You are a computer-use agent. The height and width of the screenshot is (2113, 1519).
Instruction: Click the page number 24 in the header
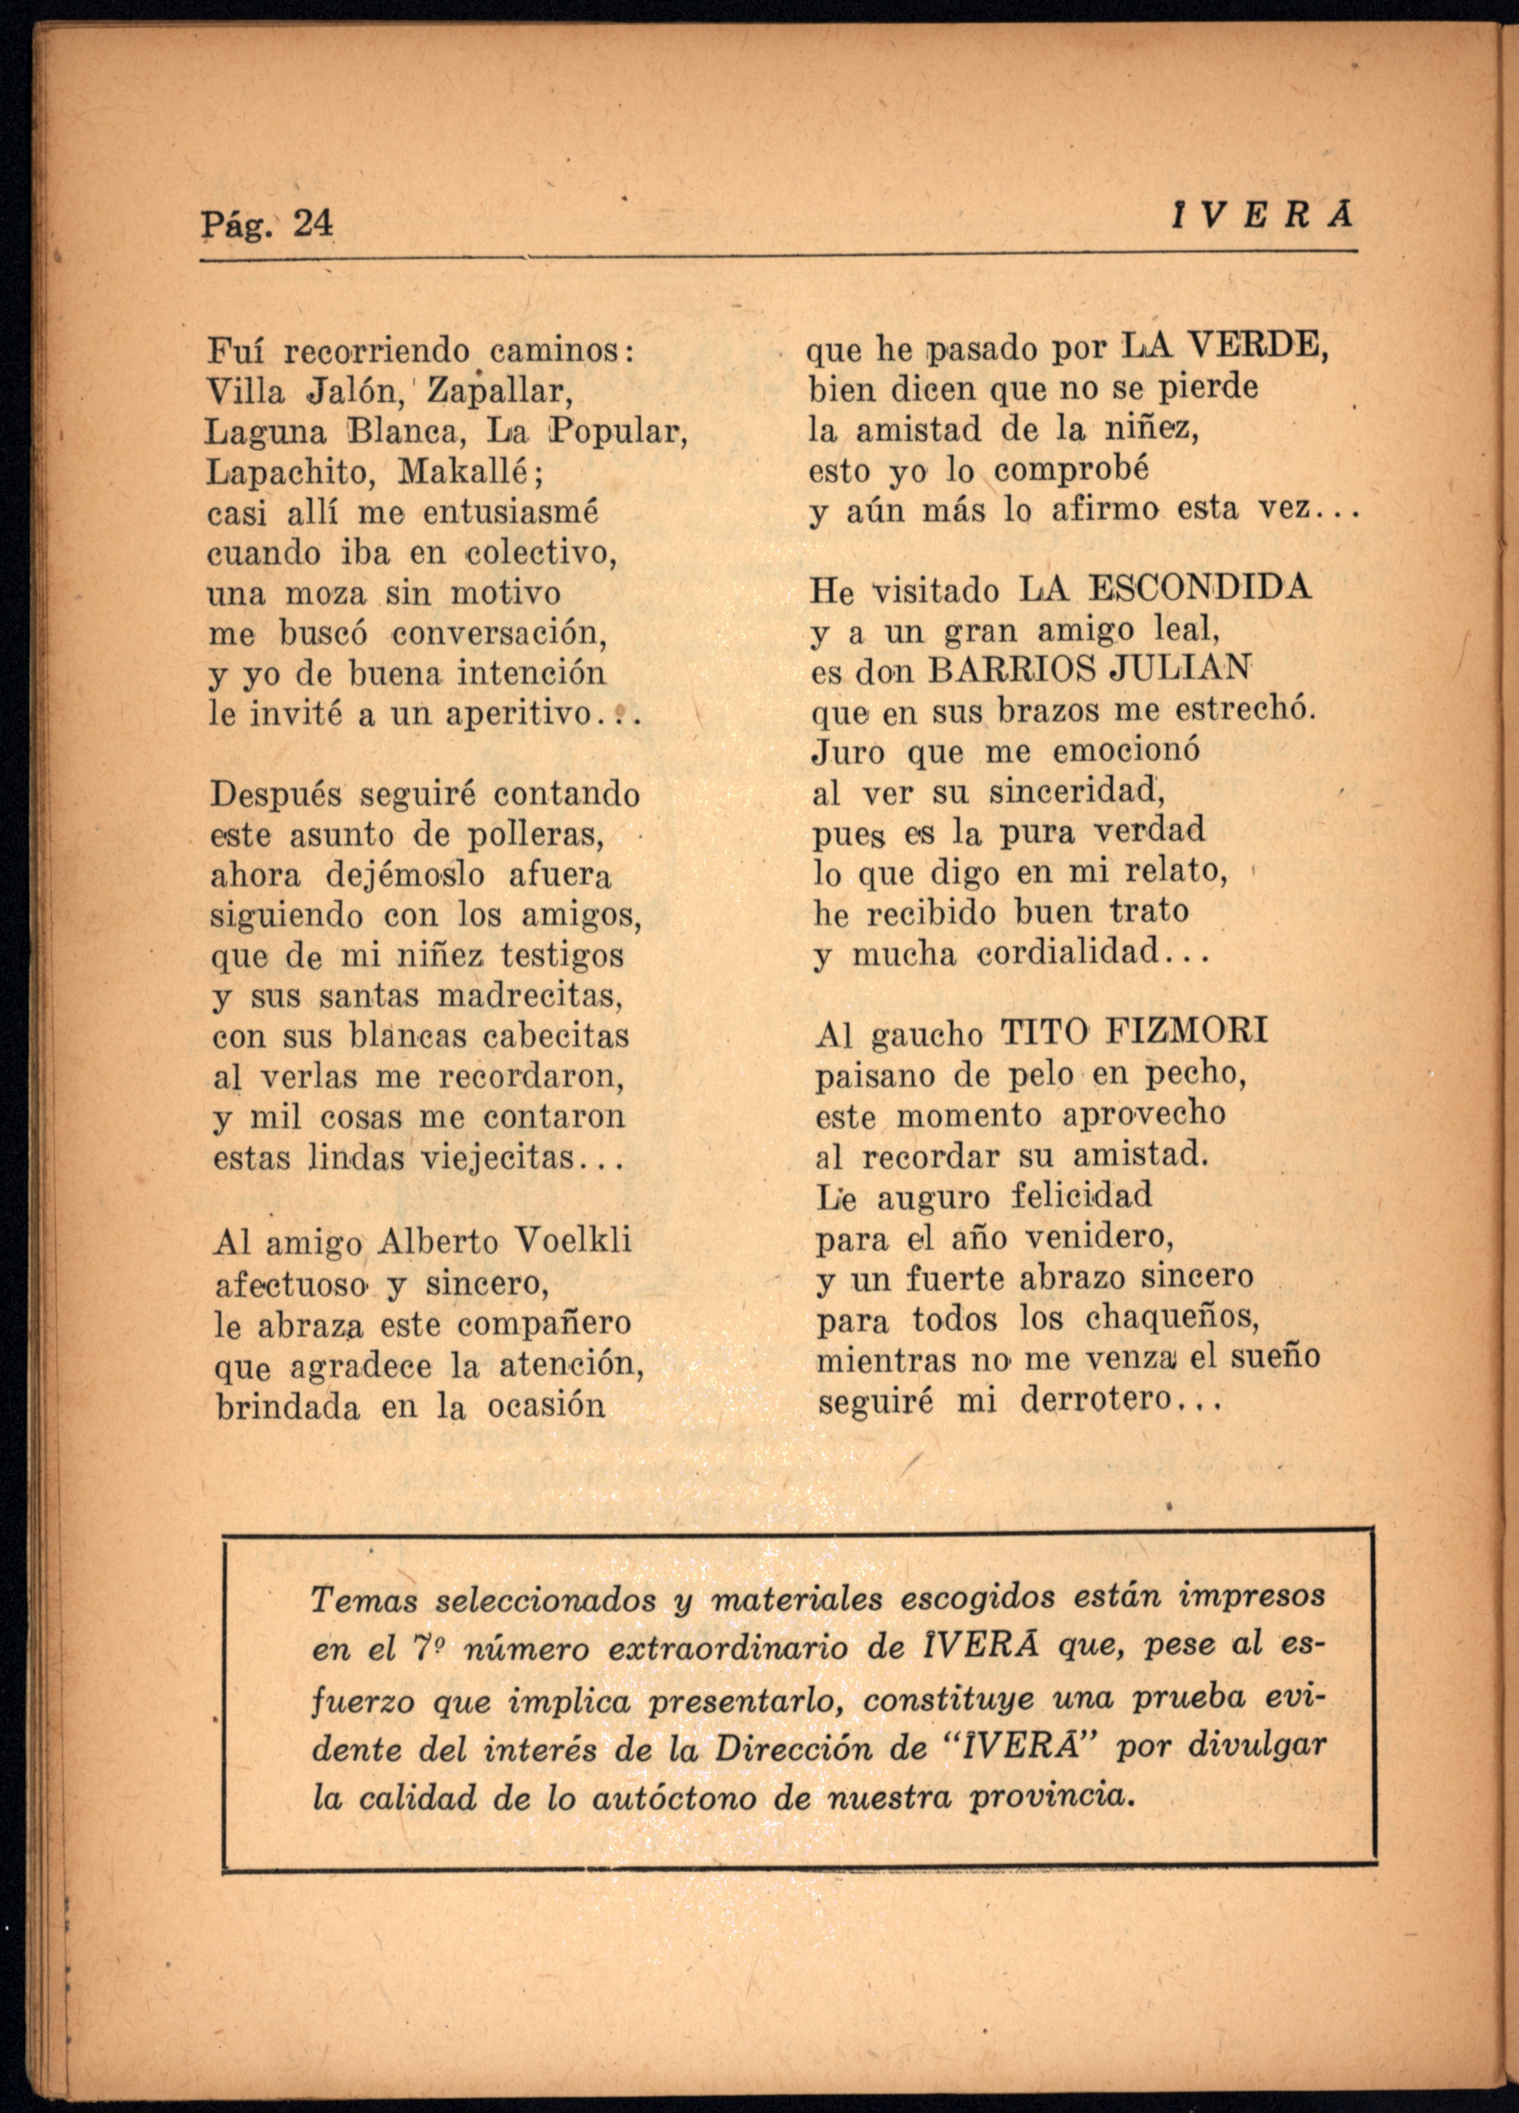tap(312, 224)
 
